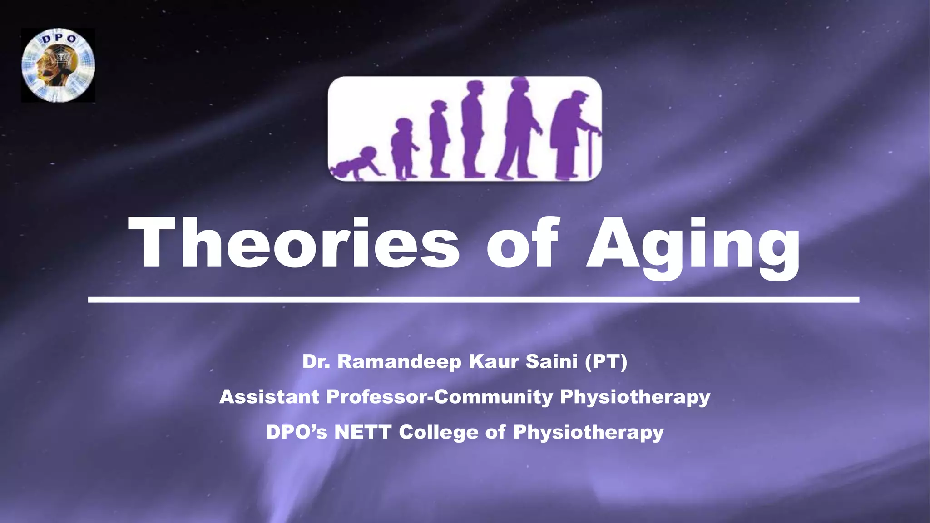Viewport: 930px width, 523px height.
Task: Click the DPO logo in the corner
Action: point(58,65)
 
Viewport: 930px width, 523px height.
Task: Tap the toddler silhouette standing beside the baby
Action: point(403,148)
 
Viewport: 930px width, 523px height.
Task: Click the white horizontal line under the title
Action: point(473,300)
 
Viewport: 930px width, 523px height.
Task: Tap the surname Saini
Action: point(551,362)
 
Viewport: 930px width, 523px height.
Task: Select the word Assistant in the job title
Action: point(269,397)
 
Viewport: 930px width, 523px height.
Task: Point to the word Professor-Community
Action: point(440,397)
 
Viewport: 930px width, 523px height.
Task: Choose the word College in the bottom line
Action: point(438,432)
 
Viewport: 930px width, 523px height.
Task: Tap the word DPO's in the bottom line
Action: point(297,432)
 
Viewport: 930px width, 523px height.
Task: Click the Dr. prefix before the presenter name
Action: point(317,362)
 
